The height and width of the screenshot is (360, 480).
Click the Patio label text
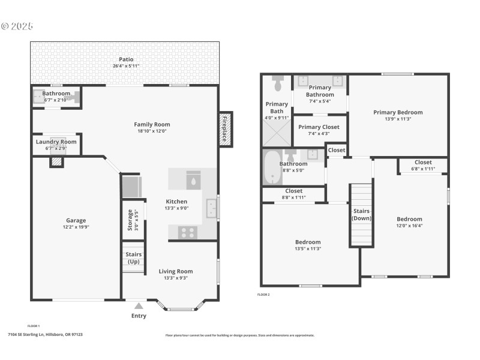pos(126,59)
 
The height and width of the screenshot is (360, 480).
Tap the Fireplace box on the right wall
pos(225,130)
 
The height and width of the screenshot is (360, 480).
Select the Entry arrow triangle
pos(139,306)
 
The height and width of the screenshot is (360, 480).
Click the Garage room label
pos(76,220)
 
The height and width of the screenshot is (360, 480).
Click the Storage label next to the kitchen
pos(130,220)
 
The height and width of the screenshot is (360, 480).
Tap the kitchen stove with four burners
pos(186,232)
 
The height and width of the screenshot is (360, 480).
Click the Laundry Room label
pos(56,142)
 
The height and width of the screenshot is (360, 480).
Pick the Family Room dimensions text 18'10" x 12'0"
pos(148,131)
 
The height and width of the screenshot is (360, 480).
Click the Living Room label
pos(176,271)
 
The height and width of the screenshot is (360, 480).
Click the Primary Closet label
pos(319,127)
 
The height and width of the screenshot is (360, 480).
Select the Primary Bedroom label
pos(398,112)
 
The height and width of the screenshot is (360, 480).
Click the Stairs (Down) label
pos(361,214)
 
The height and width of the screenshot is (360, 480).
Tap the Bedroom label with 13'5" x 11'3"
pos(308,242)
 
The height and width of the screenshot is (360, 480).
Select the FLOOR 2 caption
pos(264,295)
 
